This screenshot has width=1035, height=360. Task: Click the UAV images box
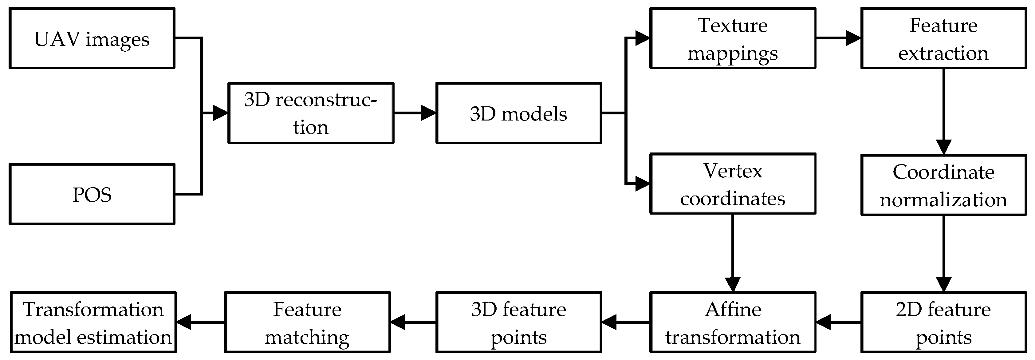[92, 38]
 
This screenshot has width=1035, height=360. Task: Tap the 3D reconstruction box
[311, 113]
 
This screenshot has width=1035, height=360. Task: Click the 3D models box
[518, 113]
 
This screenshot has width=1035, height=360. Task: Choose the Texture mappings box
[732, 38]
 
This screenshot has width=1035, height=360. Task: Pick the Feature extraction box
[943, 38]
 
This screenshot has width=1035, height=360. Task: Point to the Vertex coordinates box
[732, 184]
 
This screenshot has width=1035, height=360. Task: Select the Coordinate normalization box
[943, 185]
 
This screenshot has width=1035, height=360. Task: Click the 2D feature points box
[943, 322]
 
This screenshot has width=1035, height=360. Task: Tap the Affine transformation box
[732, 322]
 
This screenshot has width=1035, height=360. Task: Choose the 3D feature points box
[518, 322]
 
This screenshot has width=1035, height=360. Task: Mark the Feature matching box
[307, 322]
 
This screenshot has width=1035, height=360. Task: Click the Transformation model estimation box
[93, 322]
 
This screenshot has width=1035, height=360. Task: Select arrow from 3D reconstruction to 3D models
[415, 113]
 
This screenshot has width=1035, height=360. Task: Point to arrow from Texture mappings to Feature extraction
[838, 38]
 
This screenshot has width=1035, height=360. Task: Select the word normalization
[943, 200]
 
